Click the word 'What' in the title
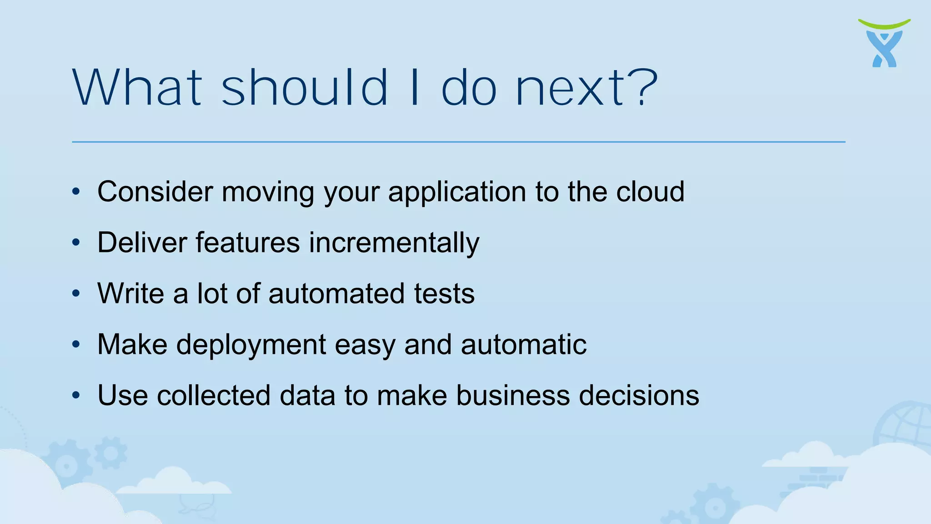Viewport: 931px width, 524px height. click(137, 87)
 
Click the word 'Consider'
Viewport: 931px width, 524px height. click(155, 191)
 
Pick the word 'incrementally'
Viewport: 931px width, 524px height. click(394, 243)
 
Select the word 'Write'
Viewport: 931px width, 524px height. click(131, 293)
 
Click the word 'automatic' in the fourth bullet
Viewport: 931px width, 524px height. click(523, 344)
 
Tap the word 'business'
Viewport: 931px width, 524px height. click(513, 395)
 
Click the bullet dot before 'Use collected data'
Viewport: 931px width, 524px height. click(76, 395)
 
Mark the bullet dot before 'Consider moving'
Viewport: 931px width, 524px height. click(76, 191)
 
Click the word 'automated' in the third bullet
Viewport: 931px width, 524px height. click(336, 294)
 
